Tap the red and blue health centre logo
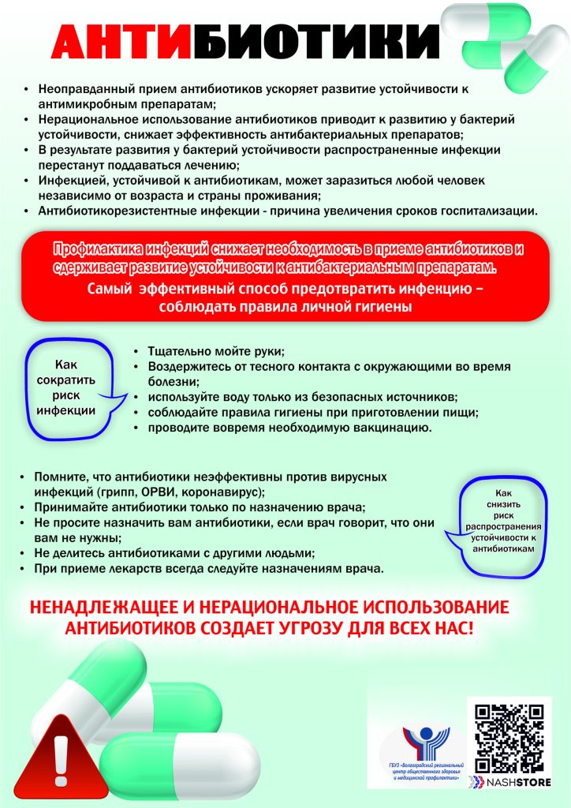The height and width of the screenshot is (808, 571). pos(425,743)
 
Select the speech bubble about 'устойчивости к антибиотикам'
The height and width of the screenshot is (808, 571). pos(502,522)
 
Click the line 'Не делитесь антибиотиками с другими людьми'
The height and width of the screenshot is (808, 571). pos(174,553)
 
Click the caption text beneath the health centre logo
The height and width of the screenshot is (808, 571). pos(425,772)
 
